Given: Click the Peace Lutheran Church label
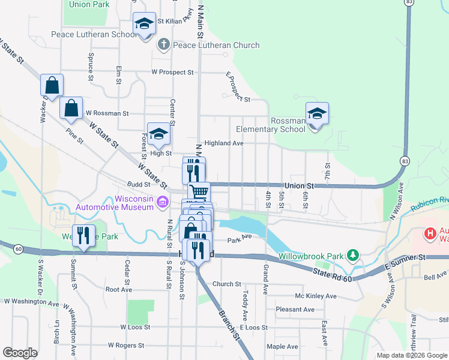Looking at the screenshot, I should [x=216, y=45].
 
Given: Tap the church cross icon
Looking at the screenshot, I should [x=163, y=44].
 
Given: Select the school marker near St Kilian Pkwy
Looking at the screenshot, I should [x=144, y=25].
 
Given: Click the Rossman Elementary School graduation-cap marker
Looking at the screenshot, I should [x=317, y=113].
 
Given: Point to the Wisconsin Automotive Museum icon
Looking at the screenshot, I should [x=162, y=203].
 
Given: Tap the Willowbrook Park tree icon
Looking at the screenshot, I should [x=354, y=256].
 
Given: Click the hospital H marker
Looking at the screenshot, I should [x=430, y=233].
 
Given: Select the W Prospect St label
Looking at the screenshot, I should [x=172, y=72].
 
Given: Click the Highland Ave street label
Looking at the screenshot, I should [x=224, y=143].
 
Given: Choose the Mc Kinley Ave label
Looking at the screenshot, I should [x=316, y=296].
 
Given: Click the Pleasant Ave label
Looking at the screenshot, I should [x=295, y=310].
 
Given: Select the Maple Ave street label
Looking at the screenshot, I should [x=282, y=346].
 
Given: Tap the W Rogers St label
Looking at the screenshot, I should [x=126, y=346].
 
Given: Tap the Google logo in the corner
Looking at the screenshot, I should [x=20, y=353].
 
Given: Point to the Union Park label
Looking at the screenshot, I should [x=89, y=4].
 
